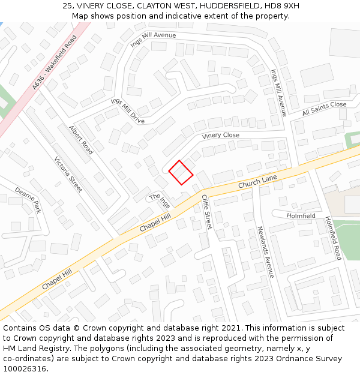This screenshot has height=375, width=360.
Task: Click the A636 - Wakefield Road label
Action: click(55, 63)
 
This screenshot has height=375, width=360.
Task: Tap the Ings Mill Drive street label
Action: click(127, 111)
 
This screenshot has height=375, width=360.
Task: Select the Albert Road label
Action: click(81, 140)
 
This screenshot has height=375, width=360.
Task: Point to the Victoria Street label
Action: click(68, 175)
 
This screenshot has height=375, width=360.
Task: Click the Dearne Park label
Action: click(28, 200)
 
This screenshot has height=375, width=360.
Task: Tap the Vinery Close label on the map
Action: click(220, 136)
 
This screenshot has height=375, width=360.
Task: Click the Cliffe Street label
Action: click(206, 212)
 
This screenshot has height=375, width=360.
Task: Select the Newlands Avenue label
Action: click(265, 252)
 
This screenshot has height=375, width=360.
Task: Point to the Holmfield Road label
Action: click(334, 238)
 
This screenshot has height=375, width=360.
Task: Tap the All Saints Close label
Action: click(324, 109)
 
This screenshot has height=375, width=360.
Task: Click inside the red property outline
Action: click(180, 172)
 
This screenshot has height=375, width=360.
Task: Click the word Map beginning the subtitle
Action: click(80, 16)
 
